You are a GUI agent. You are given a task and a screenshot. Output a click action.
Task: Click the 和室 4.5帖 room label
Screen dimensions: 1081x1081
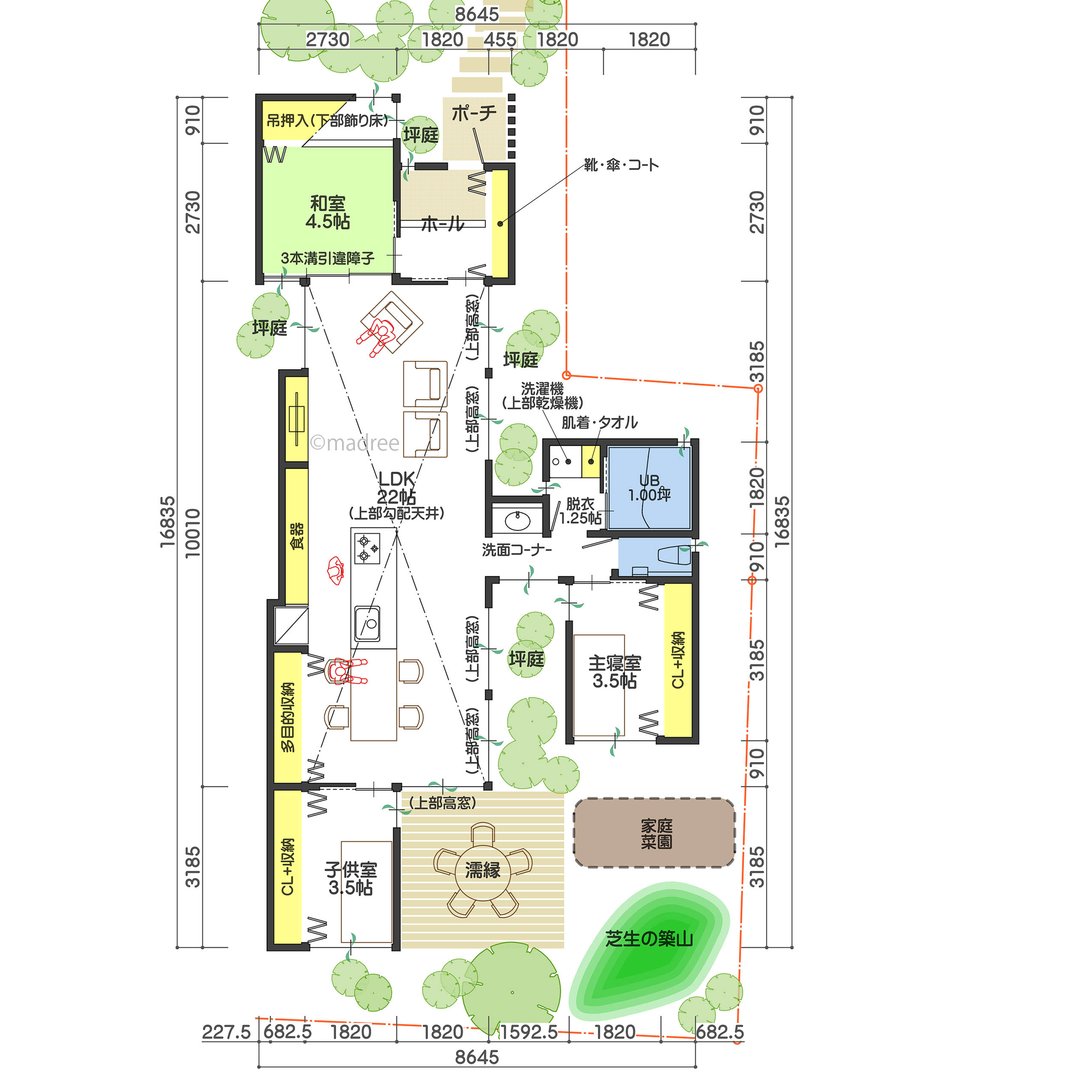pyautogui.click(x=328, y=213)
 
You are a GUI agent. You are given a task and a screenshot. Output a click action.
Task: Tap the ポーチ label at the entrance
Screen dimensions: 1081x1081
pyautogui.click(x=474, y=113)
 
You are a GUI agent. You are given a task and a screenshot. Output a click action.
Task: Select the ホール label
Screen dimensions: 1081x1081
pyautogui.click(x=443, y=224)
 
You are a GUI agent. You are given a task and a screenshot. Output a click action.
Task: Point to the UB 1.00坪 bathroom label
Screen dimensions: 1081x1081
pyautogui.click(x=649, y=488)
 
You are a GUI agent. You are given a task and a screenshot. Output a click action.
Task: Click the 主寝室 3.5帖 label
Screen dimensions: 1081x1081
pyautogui.click(x=614, y=672)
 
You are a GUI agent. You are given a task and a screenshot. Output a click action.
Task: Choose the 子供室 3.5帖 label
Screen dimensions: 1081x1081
pyautogui.click(x=351, y=878)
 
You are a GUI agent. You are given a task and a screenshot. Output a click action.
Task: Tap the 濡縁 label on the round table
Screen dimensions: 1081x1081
pyautogui.click(x=483, y=870)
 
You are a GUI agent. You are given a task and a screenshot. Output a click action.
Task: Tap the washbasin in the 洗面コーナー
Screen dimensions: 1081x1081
pyautogui.click(x=518, y=521)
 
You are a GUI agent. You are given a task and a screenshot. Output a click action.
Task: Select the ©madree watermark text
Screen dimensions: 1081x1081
pyautogui.click(x=355, y=443)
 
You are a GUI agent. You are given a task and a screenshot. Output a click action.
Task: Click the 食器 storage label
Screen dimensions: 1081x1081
pyautogui.click(x=297, y=536)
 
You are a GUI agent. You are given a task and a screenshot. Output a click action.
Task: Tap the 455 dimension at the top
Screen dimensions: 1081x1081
pyautogui.click(x=500, y=40)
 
